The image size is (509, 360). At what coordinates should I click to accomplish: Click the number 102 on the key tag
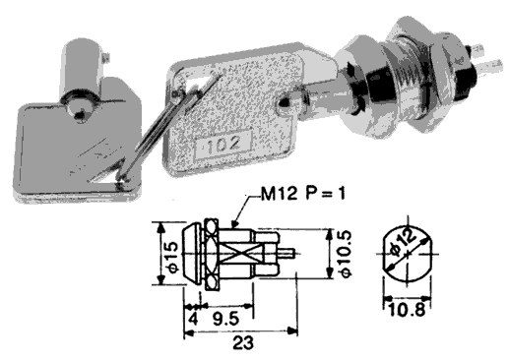pyautogui.click(x=223, y=144)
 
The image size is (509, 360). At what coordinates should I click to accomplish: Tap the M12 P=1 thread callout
pyautogui.click(x=303, y=194)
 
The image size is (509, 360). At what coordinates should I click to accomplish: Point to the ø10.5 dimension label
pyautogui.click(x=346, y=254)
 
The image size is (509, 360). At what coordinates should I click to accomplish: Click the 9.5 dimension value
pyautogui.click(x=226, y=319)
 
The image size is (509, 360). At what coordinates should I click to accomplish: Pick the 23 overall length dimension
pyautogui.click(x=243, y=343)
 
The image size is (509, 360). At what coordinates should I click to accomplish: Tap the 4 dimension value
pyautogui.click(x=194, y=319)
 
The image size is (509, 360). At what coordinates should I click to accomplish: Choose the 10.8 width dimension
pyautogui.click(x=407, y=310)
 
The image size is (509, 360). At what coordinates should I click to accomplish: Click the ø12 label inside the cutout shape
pyautogui.click(x=402, y=242)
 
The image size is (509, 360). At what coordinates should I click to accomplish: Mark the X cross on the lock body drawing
pyautogui.click(x=236, y=254)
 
